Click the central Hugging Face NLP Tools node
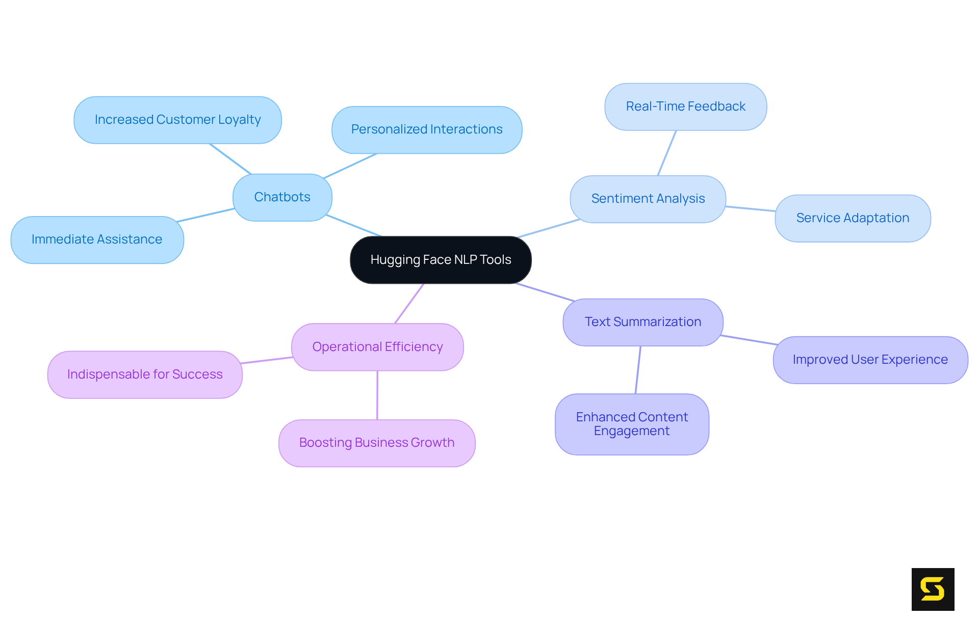(441, 260)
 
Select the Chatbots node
(282, 197)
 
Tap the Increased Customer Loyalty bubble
(177, 120)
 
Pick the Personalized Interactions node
(427, 129)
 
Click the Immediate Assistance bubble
(97, 239)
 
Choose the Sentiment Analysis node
(648, 199)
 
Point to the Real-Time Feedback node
(685, 106)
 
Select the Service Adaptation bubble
(853, 218)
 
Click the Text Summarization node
(642, 322)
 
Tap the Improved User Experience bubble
(870, 360)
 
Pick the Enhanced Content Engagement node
(632, 424)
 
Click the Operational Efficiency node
(377, 347)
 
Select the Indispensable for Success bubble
(145, 374)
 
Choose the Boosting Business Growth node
(377, 443)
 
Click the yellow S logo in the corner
(933, 589)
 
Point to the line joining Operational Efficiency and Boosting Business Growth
(377, 395)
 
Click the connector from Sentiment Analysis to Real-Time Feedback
(667, 153)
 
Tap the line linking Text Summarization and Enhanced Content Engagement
(638, 370)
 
